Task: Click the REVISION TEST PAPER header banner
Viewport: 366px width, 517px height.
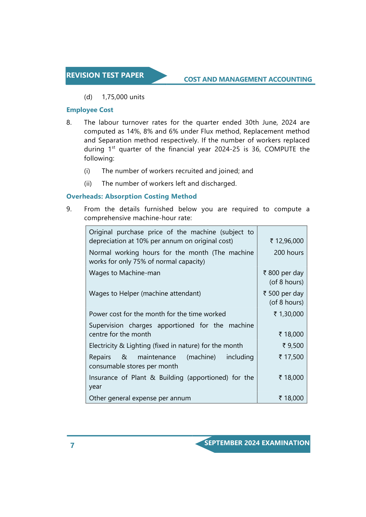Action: tap(105, 76)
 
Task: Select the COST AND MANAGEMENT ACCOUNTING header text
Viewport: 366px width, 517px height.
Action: tap(248, 80)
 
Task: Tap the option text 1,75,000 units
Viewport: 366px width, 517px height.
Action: tap(123, 97)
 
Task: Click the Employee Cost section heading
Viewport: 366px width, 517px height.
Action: tap(90, 110)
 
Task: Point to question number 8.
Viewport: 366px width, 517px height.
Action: tap(69, 122)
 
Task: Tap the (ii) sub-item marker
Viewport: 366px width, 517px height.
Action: tap(88, 184)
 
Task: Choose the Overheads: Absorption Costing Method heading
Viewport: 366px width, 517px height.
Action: tap(132, 196)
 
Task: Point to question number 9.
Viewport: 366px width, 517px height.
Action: tap(69, 209)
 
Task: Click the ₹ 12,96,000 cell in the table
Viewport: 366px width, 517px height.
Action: tap(287, 241)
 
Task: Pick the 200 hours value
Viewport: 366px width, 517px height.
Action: tap(289, 253)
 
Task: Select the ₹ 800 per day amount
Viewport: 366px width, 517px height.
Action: tap(283, 273)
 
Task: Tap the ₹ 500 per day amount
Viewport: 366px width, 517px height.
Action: tap(283, 293)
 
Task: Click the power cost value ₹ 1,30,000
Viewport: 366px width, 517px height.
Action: tap(289, 314)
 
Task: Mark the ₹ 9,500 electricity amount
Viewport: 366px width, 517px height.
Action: tap(293, 346)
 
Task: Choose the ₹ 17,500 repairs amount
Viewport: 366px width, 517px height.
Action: tap(291, 357)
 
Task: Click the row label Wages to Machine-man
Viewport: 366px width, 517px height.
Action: tap(124, 273)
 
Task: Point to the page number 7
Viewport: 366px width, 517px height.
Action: tap(72, 445)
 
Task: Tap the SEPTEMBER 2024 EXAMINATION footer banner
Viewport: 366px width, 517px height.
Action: tap(257, 443)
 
